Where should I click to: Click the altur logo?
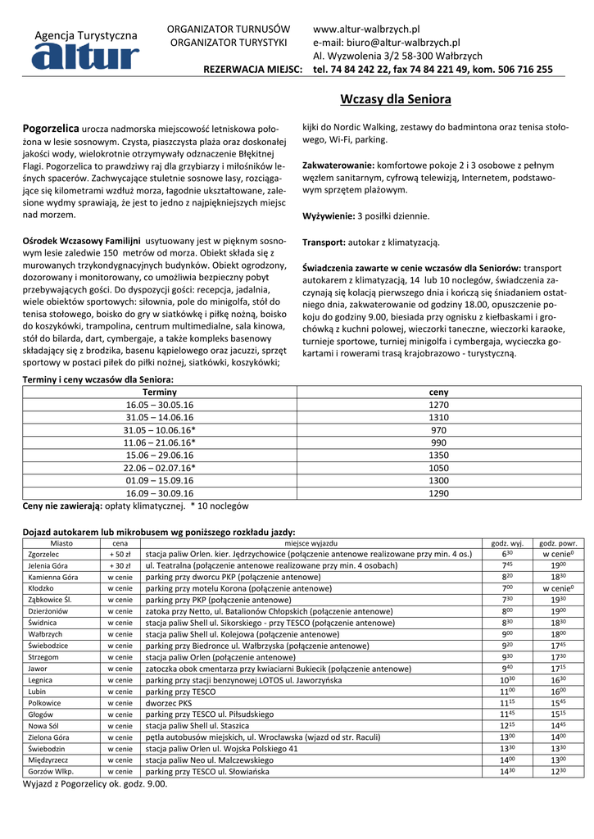[x=86, y=54]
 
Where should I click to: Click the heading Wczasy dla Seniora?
[x=395, y=99]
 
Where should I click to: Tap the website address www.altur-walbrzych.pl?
[x=366, y=29]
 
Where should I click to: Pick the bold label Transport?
[x=325, y=243]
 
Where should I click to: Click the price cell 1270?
[x=438, y=405]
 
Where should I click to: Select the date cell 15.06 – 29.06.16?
[x=160, y=455]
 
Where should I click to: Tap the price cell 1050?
[x=438, y=467]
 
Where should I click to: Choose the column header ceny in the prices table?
[x=438, y=392]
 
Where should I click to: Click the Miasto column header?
[x=61, y=542]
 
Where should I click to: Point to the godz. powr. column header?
[x=558, y=542]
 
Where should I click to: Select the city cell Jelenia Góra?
[x=48, y=565]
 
